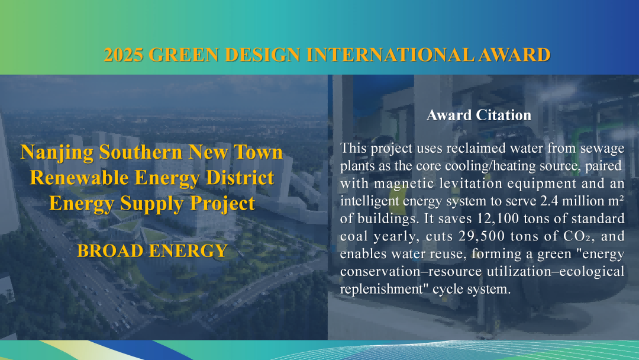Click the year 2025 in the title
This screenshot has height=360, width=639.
tap(124, 55)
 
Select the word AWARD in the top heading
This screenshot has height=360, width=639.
tap(514, 55)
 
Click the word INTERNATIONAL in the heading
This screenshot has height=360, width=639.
tap(390, 55)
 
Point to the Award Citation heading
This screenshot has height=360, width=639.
tap(479, 115)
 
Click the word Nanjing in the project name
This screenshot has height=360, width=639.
tap(57, 153)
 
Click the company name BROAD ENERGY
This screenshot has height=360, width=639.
tap(152, 250)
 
